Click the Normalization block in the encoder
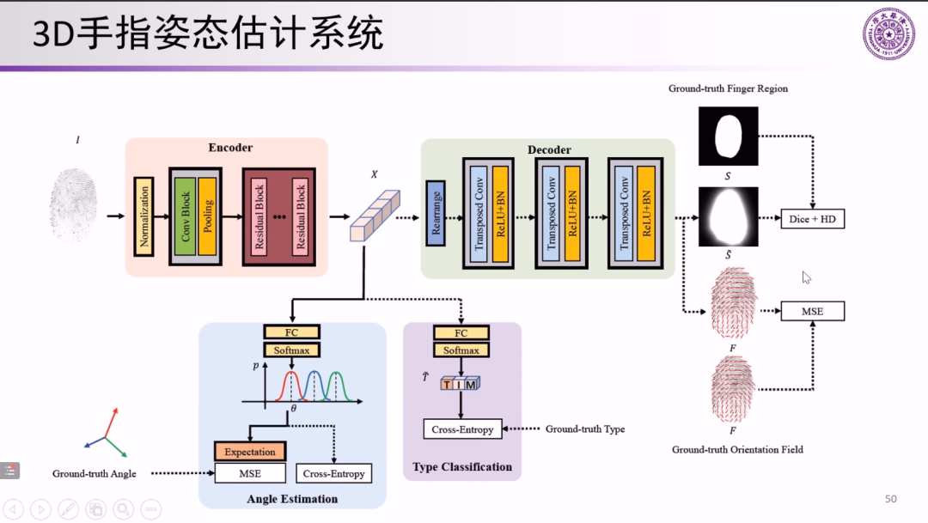coord(143,217)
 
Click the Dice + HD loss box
coord(812,220)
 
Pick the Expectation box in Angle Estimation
coord(250,452)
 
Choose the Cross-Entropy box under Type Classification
coord(462,429)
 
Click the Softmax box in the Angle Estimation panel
coord(291,350)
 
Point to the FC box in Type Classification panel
coord(461,333)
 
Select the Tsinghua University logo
coord(888,34)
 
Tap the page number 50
coord(890,499)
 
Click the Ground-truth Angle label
coord(95,473)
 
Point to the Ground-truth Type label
coord(585,429)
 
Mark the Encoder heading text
coord(230,148)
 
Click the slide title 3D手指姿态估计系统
coord(208,35)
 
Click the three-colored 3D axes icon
coord(107,434)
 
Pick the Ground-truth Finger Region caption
coord(728,88)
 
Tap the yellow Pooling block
coord(207,216)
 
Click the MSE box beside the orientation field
coord(812,311)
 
